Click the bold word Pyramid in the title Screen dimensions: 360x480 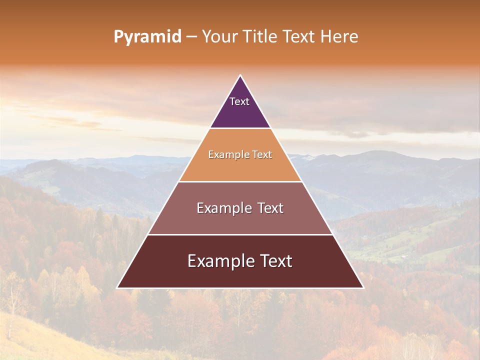(147, 37)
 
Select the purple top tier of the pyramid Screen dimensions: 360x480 (240, 112)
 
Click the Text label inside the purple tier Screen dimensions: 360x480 (239, 101)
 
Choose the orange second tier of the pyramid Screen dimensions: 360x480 (240, 167)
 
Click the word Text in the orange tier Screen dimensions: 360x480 (262, 155)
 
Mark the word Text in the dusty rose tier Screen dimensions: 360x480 (270, 208)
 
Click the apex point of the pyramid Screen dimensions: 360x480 (240, 76)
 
